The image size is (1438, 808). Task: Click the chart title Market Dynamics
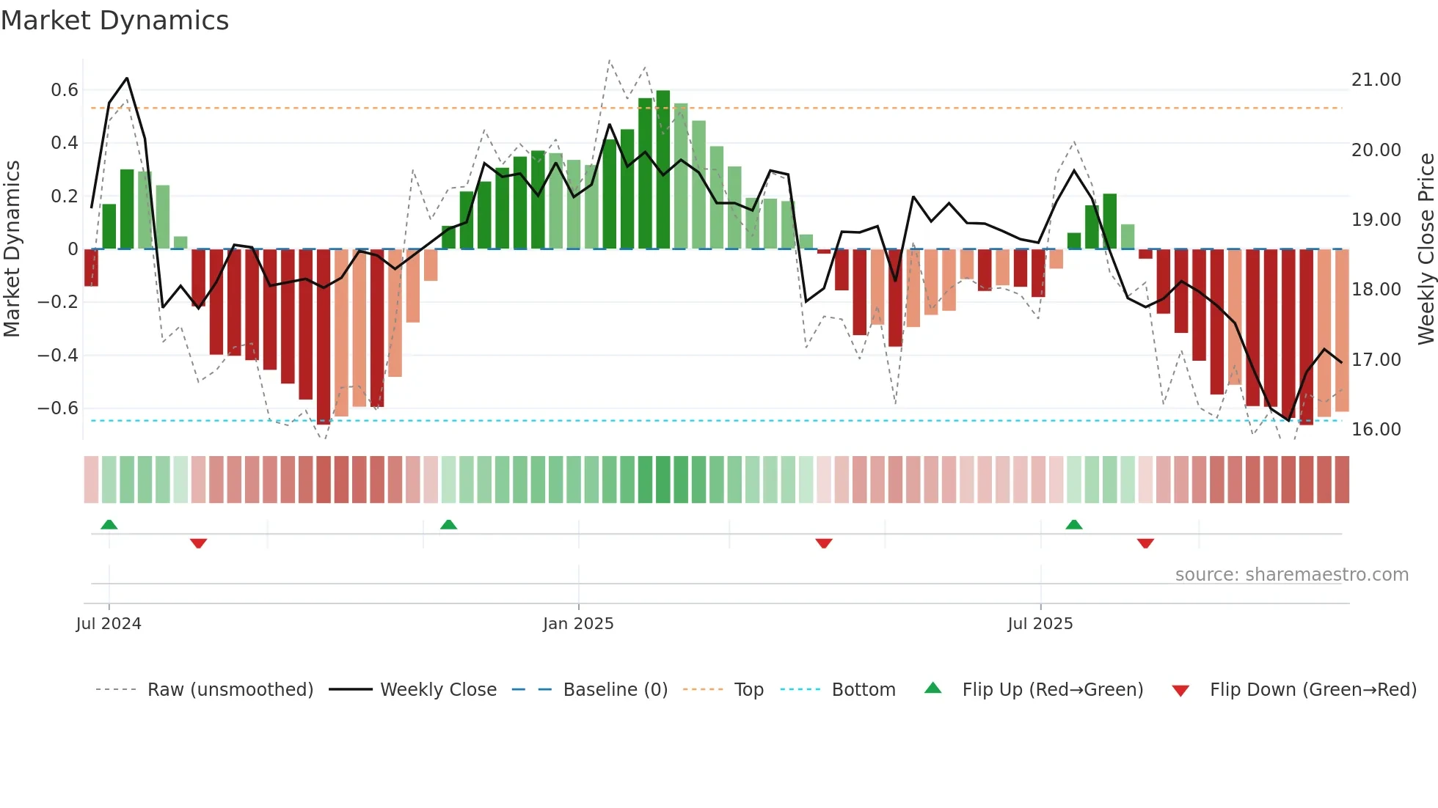click(x=114, y=21)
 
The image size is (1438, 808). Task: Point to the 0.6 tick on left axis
click(x=64, y=90)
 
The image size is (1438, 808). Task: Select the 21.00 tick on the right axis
click(x=1376, y=80)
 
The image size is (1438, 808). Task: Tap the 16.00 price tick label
click(x=1376, y=430)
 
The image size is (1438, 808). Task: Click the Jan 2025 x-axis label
click(x=578, y=624)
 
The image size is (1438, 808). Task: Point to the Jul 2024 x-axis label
click(x=109, y=624)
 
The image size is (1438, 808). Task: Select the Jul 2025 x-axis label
click(x=1040, y=624)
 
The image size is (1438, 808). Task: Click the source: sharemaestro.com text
click(x=1291, y=575)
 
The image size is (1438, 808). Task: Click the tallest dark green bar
click(x=663, y=169)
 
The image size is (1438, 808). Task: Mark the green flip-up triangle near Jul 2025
click(x=1073, y=524)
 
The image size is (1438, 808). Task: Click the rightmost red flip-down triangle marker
click(x=1145, y=543)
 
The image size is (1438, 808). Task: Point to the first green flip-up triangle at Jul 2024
click(x=109, y=524)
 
